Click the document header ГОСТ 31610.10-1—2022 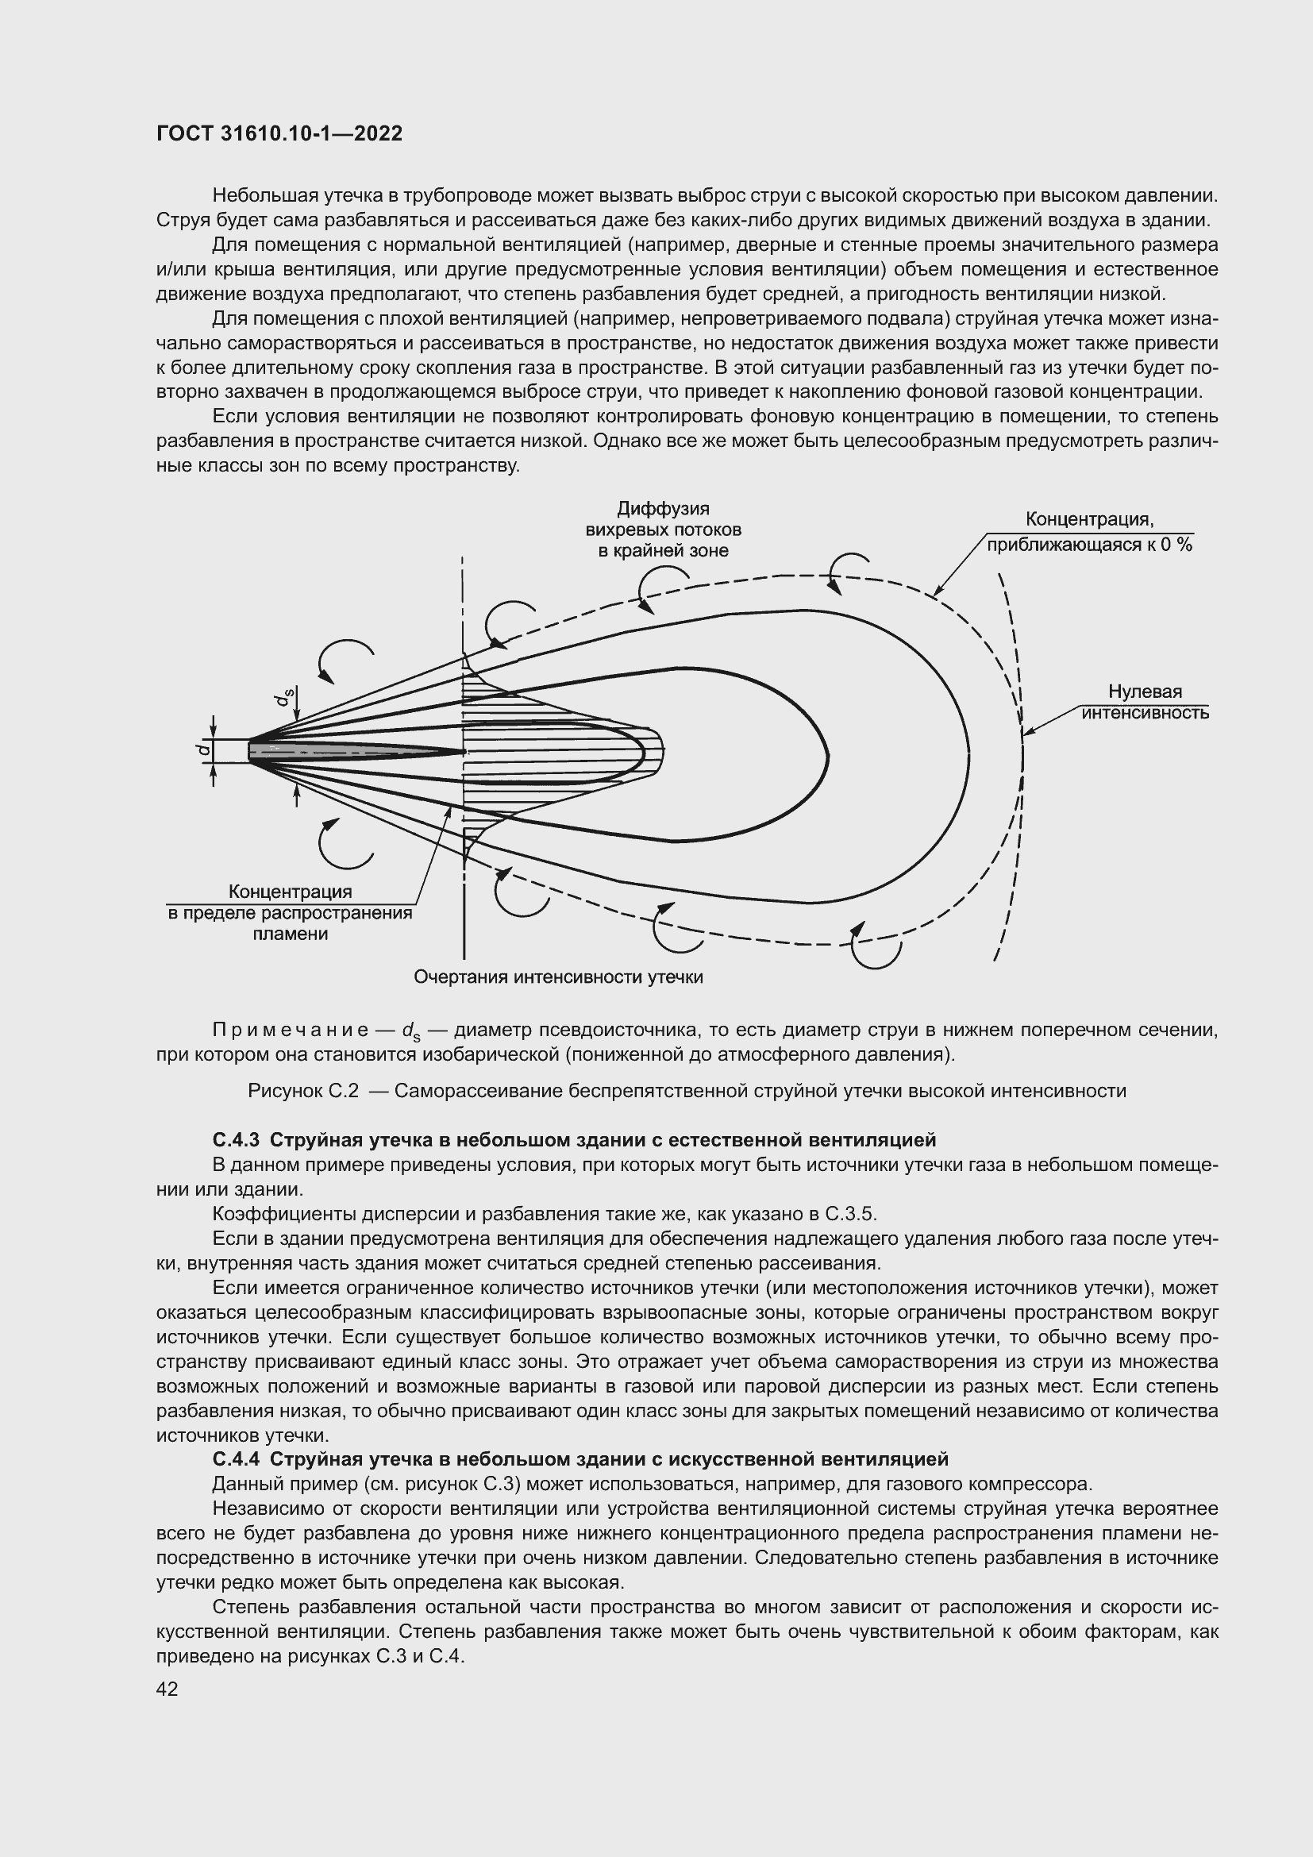(279, 133)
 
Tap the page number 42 (167, 1688)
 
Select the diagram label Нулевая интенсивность (1145, 702)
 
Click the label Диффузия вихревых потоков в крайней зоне (663, 530)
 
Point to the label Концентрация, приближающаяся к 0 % (1089, 531)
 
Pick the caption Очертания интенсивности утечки (558, 977)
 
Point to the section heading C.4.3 (240, 1140)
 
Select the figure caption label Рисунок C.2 (302, 1091)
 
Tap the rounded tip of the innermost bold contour (645, 752)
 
